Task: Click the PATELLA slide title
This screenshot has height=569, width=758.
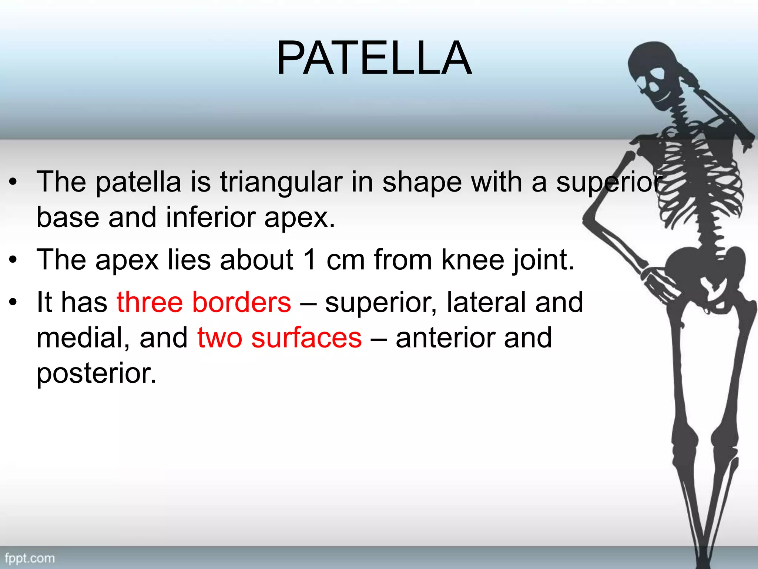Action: [x=374, y=58]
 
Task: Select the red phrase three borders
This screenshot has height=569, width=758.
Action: [x=204, y=302]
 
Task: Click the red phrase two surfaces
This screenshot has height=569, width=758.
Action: [x=279, y=338]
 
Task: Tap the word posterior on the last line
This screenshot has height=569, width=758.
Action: [x=96, y=373]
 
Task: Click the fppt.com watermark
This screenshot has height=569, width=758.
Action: [x=30, y=558]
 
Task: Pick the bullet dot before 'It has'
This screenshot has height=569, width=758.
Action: [x=13, y=302]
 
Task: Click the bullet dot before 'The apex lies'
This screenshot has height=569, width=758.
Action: [x=13, y=260]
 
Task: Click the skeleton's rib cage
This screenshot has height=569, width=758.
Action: [x=696, y=178]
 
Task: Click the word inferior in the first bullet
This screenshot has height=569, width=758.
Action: [x=211, y=218]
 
